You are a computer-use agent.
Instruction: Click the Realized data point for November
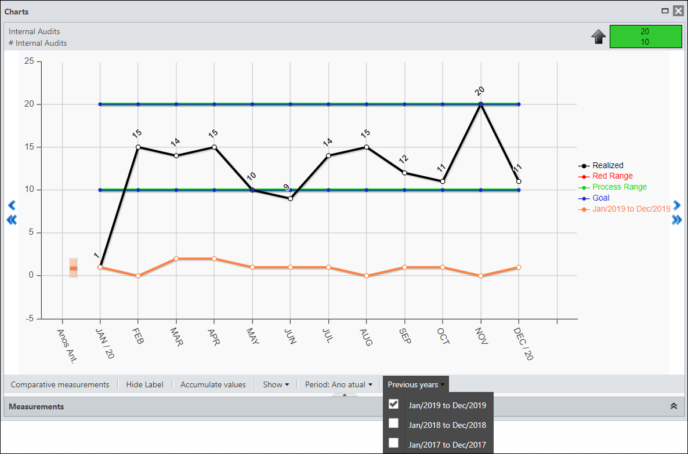480,104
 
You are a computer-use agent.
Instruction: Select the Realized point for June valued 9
291,199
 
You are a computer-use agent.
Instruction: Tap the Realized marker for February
138,147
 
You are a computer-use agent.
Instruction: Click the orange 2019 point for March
176,259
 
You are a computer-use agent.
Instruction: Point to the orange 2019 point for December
519,267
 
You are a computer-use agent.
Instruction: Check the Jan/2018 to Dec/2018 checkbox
393,423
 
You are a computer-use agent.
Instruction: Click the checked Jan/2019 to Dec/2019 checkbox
393,404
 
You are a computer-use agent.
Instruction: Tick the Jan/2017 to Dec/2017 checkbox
393,443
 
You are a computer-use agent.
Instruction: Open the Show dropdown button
276,384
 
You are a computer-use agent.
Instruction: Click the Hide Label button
145,384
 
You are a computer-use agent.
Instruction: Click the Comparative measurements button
60,384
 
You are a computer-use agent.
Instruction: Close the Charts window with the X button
678,11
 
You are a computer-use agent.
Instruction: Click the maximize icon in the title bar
665,11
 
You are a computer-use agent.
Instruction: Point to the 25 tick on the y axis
29,61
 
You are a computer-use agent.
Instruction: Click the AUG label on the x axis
365,337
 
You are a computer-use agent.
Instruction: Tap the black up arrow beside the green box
599,37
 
